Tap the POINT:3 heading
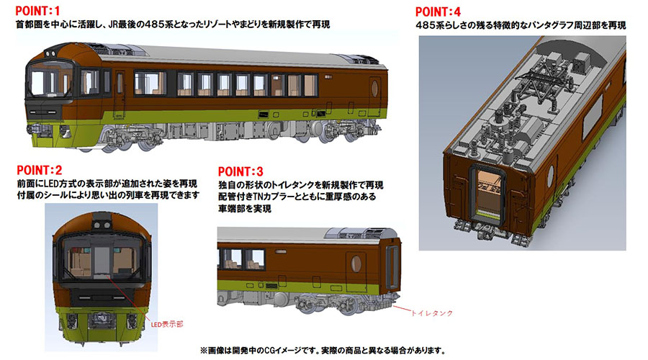pyautogui.click(x=242, y=171)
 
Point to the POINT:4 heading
pyautogui.click(x=442, y=11)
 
